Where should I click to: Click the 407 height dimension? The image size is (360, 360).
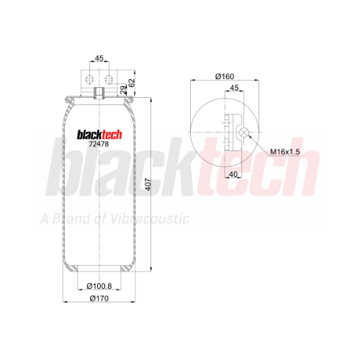tap(149, 184)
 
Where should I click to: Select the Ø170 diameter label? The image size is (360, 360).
tap(99, 298)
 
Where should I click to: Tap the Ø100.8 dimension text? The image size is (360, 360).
tap(99, 286)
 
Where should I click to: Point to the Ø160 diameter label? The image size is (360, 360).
tap(225, 76)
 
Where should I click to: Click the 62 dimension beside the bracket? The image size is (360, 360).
tap(132, 83)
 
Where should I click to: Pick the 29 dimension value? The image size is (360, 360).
tap(123, 90)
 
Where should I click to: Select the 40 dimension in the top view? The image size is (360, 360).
tap(233, 174)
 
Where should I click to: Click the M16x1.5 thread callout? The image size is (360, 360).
tap(285, 152)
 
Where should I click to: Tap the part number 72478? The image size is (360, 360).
tap(99, 144)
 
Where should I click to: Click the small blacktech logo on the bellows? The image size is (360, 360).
tap(99, 135)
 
